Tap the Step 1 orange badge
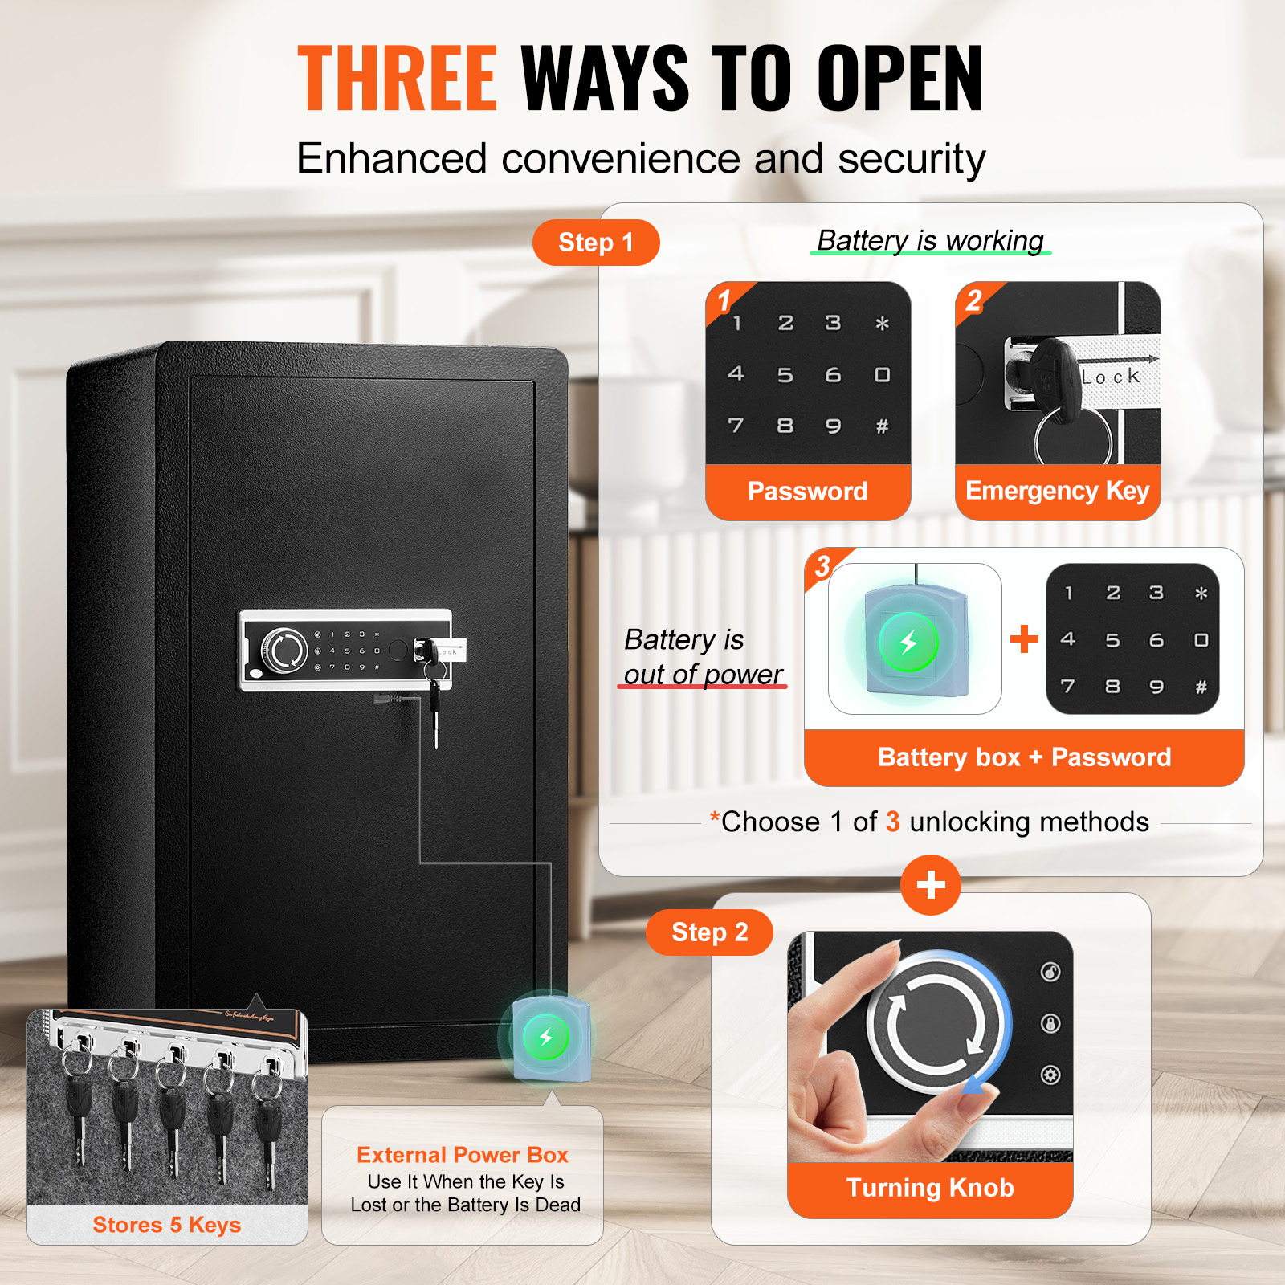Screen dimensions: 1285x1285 pyautogui.click(x=596, y=243)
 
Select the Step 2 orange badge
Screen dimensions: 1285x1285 pyautogui.click(x=709, y=932)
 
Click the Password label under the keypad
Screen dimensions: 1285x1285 pyautogui.click(x=808, y=491)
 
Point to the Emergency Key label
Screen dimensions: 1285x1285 pyautogui.click(x=1058, y=490)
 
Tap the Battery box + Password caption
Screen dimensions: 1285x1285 pyautogui.click(x=1025, y=757)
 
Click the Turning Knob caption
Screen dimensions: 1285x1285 pyautogui.click(x=930, y=1188)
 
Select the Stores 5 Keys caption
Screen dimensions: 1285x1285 pyautogui.click(x=167, y=1225)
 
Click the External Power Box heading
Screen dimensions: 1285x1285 pyautogui.click(x=463, y=1155)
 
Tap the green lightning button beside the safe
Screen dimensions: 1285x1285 pyautogui.click(x=546, y=1037)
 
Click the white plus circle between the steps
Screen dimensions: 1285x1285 pyautogui.click(x=931, y=885)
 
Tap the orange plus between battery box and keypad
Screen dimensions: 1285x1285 pyautogui.click(x=1024, y=639)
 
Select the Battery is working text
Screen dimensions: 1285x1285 pyautogui.click(x=930, y=240)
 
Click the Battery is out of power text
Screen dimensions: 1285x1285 pyautogui.click(x=703, y=657)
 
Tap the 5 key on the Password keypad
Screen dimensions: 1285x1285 pyautogui.click(x=785, y=375)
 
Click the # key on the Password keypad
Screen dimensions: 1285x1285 pyautogui.click(x=882, y=426)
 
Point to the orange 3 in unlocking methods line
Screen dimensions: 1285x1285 pyautogui.click(x=892, y=822)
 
